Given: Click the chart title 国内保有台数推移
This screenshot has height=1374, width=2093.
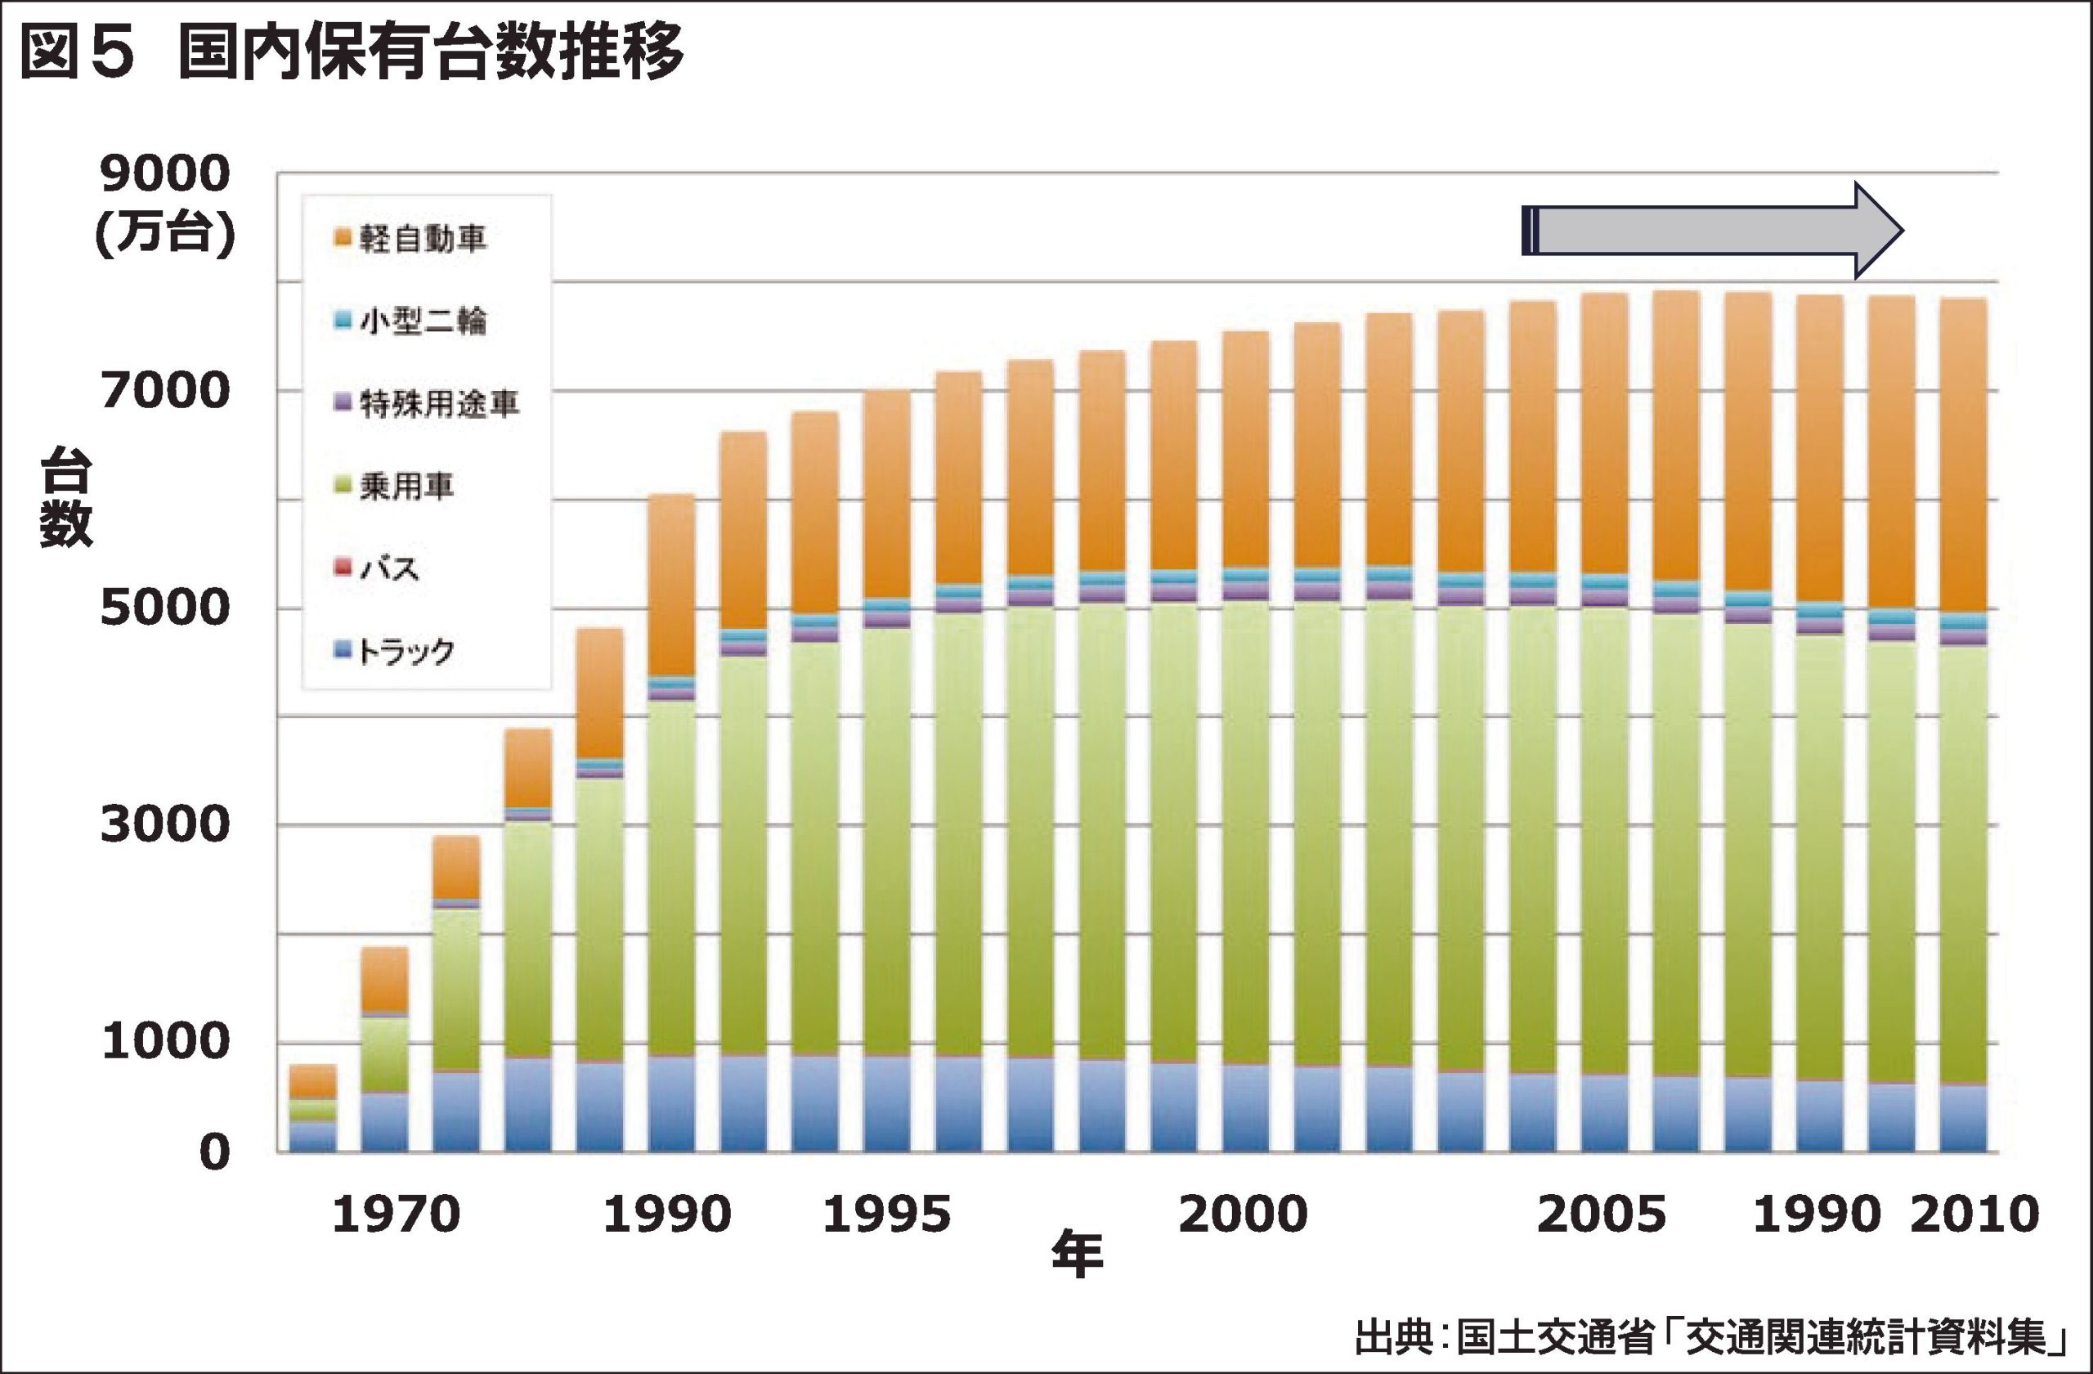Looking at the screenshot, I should pos(431,53).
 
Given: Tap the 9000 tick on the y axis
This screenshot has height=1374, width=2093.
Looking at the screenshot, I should pos(164,173).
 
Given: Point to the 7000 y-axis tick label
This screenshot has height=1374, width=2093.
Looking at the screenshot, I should pos(164,391).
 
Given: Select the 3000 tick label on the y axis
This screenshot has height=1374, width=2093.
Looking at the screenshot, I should pos(164,824).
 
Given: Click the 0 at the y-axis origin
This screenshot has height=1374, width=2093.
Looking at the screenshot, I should pos(214,1152).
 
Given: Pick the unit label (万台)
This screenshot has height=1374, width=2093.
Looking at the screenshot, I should pos(164,234).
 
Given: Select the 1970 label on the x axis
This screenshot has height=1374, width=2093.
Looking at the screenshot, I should pos(396,1215).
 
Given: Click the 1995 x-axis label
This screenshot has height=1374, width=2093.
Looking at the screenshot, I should pos(886,1215).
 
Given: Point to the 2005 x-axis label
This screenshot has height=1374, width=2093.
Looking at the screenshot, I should pos(1602,1215).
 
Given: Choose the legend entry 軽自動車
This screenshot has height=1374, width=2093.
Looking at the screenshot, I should pos(422,238).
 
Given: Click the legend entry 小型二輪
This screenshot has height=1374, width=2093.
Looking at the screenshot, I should pos(422,321).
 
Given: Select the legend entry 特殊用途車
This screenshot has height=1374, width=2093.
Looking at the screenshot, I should pos(439,404).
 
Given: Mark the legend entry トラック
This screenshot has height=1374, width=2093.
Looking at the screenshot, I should pos(406,651).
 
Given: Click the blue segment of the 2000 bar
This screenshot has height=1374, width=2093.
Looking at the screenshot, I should pos(1245,1108).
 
